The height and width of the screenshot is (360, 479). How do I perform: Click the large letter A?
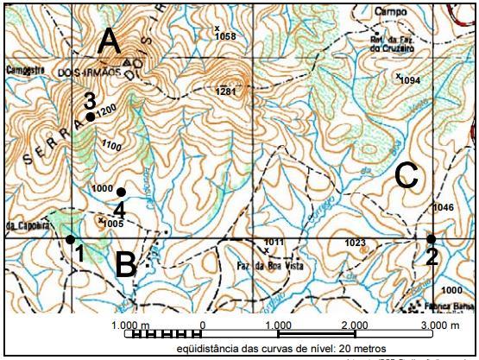click(109, 40)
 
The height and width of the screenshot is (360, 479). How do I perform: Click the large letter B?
click(126, 264)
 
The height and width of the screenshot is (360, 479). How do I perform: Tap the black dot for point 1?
click(70, 238)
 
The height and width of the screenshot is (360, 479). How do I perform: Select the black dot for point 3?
click(90, 116)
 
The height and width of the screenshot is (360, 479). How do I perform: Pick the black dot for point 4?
click(122, 192)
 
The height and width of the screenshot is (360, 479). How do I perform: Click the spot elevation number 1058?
click(225, 37)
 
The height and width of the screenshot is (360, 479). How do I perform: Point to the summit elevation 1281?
click(226, 91)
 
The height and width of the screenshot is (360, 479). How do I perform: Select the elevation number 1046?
click(443, 208)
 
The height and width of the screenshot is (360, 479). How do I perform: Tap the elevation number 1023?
click(356, 243)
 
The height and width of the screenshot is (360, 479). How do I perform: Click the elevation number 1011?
click(274, 242)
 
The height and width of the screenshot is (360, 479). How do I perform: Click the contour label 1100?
click(110, 147)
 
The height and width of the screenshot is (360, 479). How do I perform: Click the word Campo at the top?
click(390, 11)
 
